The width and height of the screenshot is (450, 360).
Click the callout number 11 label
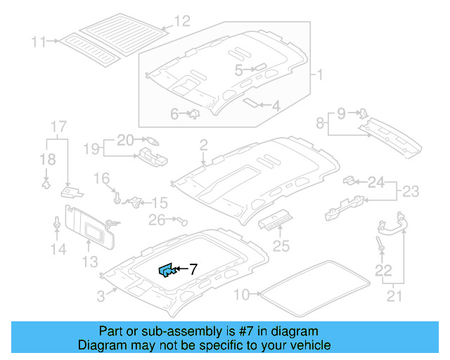(38, 42)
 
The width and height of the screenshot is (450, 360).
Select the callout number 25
(281, 245)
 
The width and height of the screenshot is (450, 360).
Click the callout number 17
(58, 127)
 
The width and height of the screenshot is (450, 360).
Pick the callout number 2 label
(203, 146)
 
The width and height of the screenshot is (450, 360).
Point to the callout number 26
(156, 221)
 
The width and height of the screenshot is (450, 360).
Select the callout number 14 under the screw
(58, 249)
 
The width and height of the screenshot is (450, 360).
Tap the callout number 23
(410, 190)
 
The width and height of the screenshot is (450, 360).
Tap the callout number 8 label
(321, 123)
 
